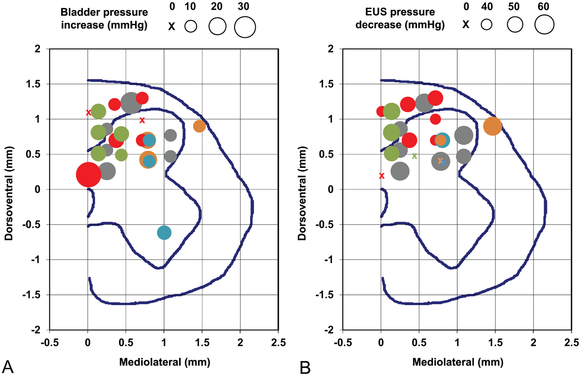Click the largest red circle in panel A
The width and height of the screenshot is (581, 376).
tap(88, 175)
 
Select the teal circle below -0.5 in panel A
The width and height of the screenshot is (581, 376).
tap(164, 233)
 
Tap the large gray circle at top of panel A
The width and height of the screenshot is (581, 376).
tap(131, 103)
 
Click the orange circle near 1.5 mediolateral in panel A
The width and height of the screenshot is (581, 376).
tap(199, 126)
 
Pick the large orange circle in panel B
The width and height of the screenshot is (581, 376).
tap(493, 126)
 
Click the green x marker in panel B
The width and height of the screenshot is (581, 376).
tap(415, 156)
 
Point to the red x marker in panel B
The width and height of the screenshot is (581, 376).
tap(382, 176)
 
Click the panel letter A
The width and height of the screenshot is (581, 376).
tap(8, 367)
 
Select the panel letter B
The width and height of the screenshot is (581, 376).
tap(305, 368)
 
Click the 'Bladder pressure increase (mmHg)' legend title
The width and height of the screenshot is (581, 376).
tap(104, 18)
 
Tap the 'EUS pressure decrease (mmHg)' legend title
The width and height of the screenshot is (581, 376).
tap(400, 18)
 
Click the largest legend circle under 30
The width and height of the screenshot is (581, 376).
tap(245, 27)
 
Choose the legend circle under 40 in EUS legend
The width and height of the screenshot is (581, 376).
tap(487, 25)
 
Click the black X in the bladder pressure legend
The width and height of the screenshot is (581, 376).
tap(172, 27)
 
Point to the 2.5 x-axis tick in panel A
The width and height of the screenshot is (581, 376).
tap(278, 343)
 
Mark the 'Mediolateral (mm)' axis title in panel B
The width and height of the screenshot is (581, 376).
tap(458, 362)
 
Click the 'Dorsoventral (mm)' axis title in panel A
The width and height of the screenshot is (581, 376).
tap(9, 194)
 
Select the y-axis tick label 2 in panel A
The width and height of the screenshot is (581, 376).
tap(38, 49)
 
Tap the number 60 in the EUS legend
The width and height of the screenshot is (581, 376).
tap(543, 7)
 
